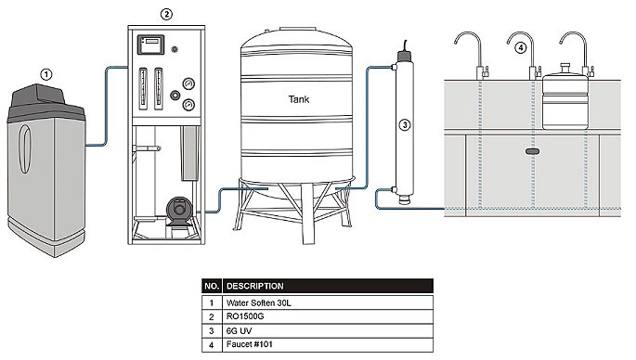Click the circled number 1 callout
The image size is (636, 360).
46,74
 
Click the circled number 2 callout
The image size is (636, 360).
166,14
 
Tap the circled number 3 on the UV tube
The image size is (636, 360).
405,125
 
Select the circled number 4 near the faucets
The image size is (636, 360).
520,48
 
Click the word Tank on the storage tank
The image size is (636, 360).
299,99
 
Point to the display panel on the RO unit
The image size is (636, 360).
151,45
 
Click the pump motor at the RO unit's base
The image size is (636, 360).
178,211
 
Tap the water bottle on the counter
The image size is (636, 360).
565,96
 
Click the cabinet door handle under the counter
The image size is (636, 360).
532,151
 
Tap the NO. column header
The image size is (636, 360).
212,286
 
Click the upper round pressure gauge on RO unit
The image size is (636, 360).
188,84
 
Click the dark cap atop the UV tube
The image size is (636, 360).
405,56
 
